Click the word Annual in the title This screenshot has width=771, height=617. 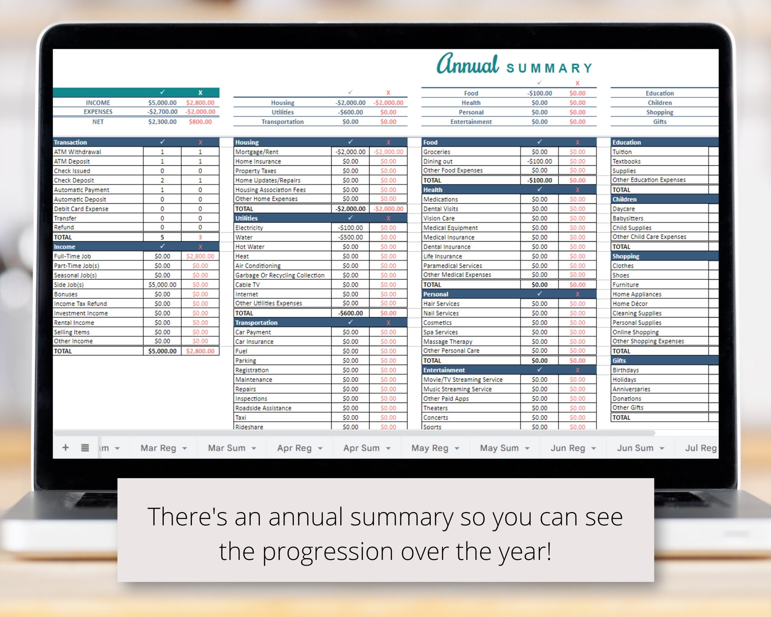pyautogui.click(x=468, y=65)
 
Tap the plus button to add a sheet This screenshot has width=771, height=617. pyautogui.click(x=66, y=447)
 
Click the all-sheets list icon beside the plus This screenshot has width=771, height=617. pyautogui.click(x=85, y=447)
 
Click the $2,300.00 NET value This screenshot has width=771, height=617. pyautogui.click(x=162, y=122)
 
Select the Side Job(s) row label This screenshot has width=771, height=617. pyautogui.click(x=69, y=285)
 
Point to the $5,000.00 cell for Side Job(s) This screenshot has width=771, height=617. pyautogui.click(x=162, y=285)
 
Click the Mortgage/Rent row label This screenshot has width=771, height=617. pyautogui.click(x=257, y=152)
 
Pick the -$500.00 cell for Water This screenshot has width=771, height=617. pyautogui.click(x=350, y=238)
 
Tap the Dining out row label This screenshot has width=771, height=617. pyautogui.click(x=438, y=161)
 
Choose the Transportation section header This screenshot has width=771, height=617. pyautogui.click(x=256, y=323)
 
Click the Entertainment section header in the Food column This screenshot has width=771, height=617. pyautogui.click(x=444, y=370)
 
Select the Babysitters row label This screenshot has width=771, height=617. pyautogui.click(x=628, y=219)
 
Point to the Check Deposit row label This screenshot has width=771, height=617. pyautogui.click(x=74, y=180)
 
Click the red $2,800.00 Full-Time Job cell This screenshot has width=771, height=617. pyautogui.click(x=200, y=257)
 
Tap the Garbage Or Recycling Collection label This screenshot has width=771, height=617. pyautogui.click(x=280, y=275)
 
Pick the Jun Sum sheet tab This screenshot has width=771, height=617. pyautogui.click(x=635, y=448)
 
